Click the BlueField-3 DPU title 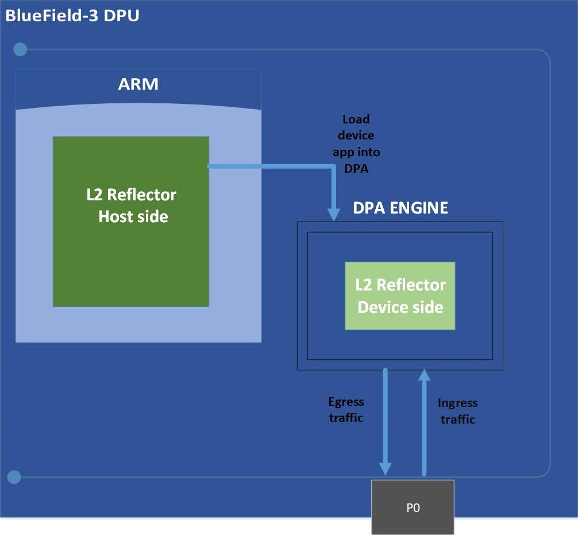(x=72, y=15)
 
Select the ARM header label (x=138, y=84)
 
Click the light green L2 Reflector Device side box (x=400, y=296)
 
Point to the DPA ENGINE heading (x=400, y=208)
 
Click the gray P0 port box (x=413, y=507)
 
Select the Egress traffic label (x=346, y=410)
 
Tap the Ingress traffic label (x=457, y=411)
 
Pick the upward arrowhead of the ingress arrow (x=424, y=375)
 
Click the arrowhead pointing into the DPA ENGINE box (x=334, y=214)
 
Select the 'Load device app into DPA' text (x=356, y=144)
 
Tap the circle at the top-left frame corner (x=20, y=49)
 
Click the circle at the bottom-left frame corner (x=14, y=477)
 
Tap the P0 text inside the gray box (x=413, y=508)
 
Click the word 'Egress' (x=346, y=402)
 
